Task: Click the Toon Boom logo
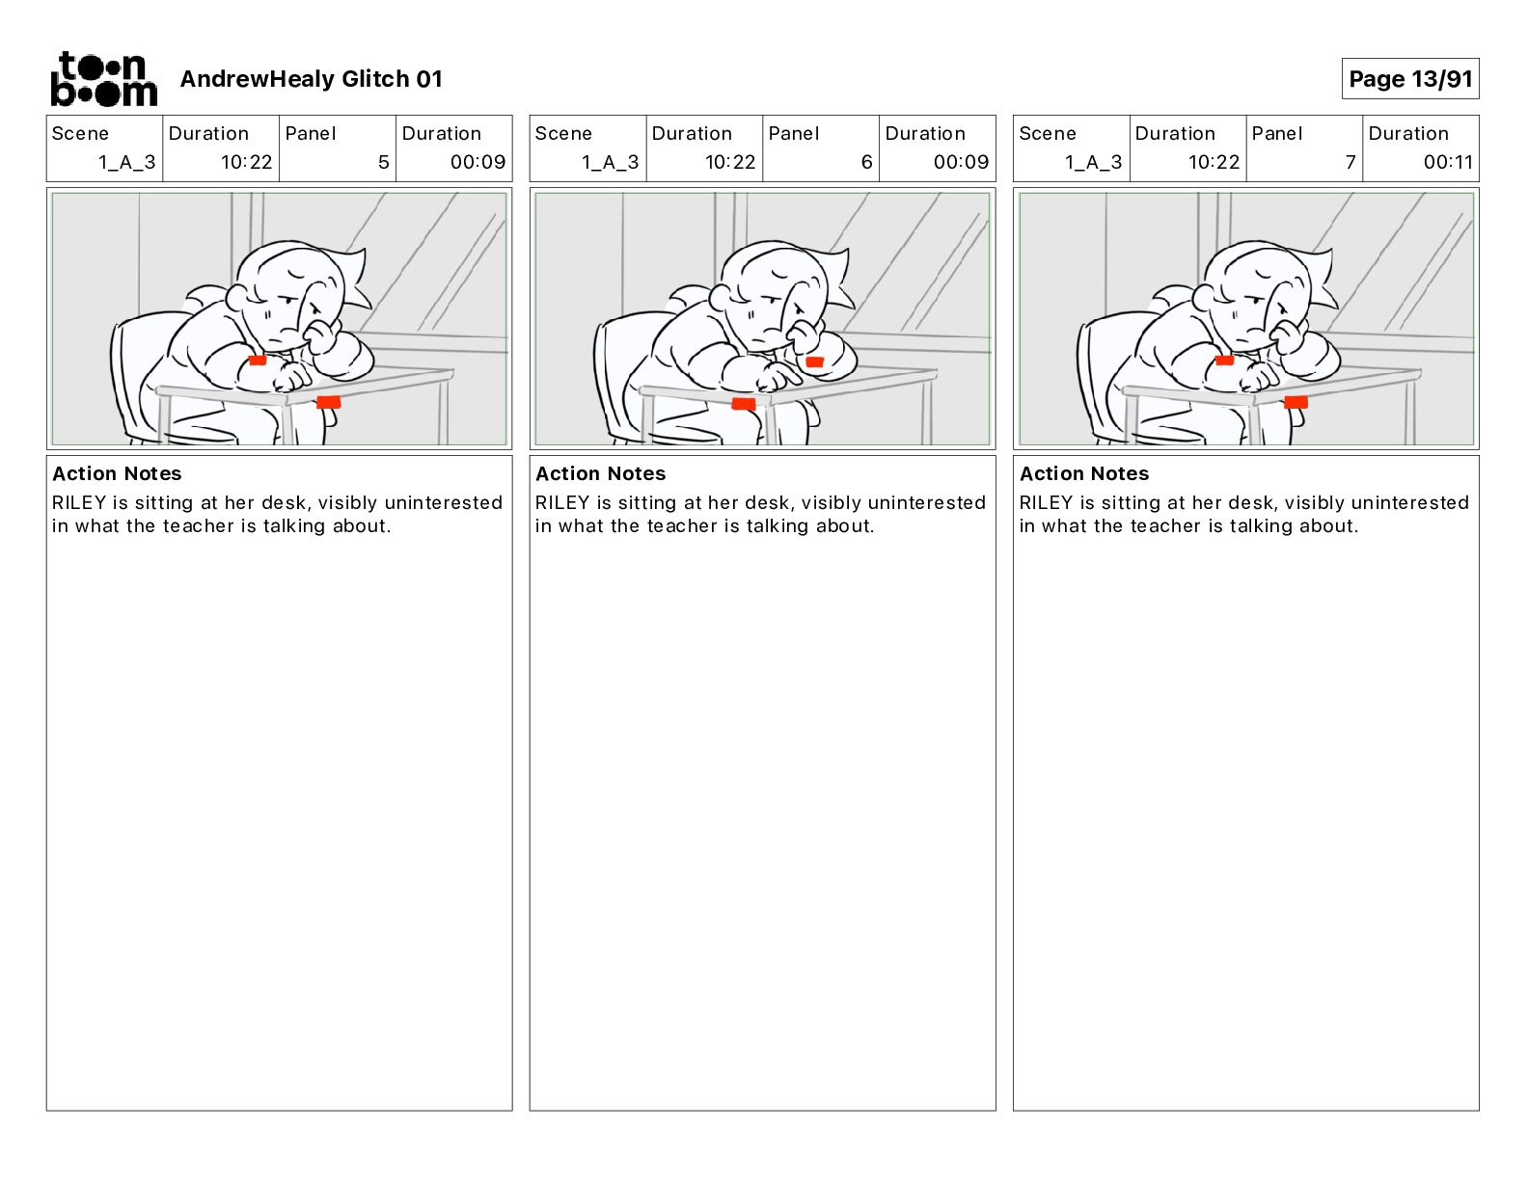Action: click(x=104, y=79)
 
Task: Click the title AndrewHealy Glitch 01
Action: click(x=311, y=79)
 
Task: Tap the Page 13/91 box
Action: click(x=1410, y=79)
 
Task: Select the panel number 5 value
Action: click(x=383, y=162)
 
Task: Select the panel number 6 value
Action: click(x=866, y=162)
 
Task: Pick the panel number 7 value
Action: click(x=1351, y=162)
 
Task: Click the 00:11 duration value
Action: click(x=1448, y=162)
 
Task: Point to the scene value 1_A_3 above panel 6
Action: click(x=610, y=162)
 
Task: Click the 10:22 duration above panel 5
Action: click(x=246, y=162)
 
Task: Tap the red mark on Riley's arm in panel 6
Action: click(x=814, y=362)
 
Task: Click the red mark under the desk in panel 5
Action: click(x=328, y=402)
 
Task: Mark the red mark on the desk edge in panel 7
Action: click(x=1296, y=402)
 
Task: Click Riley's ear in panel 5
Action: click(x=237, y=297)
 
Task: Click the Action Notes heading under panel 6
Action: click(x=601, y=473)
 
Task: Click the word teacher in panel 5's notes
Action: click(x=199, y=525)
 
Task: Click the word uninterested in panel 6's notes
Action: click(x=926, y=502)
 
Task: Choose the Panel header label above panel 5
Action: click(x=310, y=134)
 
